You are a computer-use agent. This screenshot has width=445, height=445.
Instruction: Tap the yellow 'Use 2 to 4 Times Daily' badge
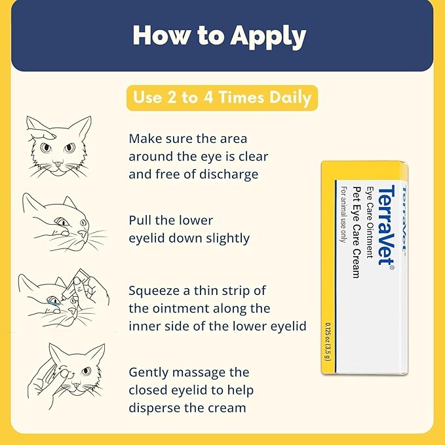click(222, 97)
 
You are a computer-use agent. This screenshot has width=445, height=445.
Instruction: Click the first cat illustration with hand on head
click(60, 147)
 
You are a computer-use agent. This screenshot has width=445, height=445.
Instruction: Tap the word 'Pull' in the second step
click(142, 220)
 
